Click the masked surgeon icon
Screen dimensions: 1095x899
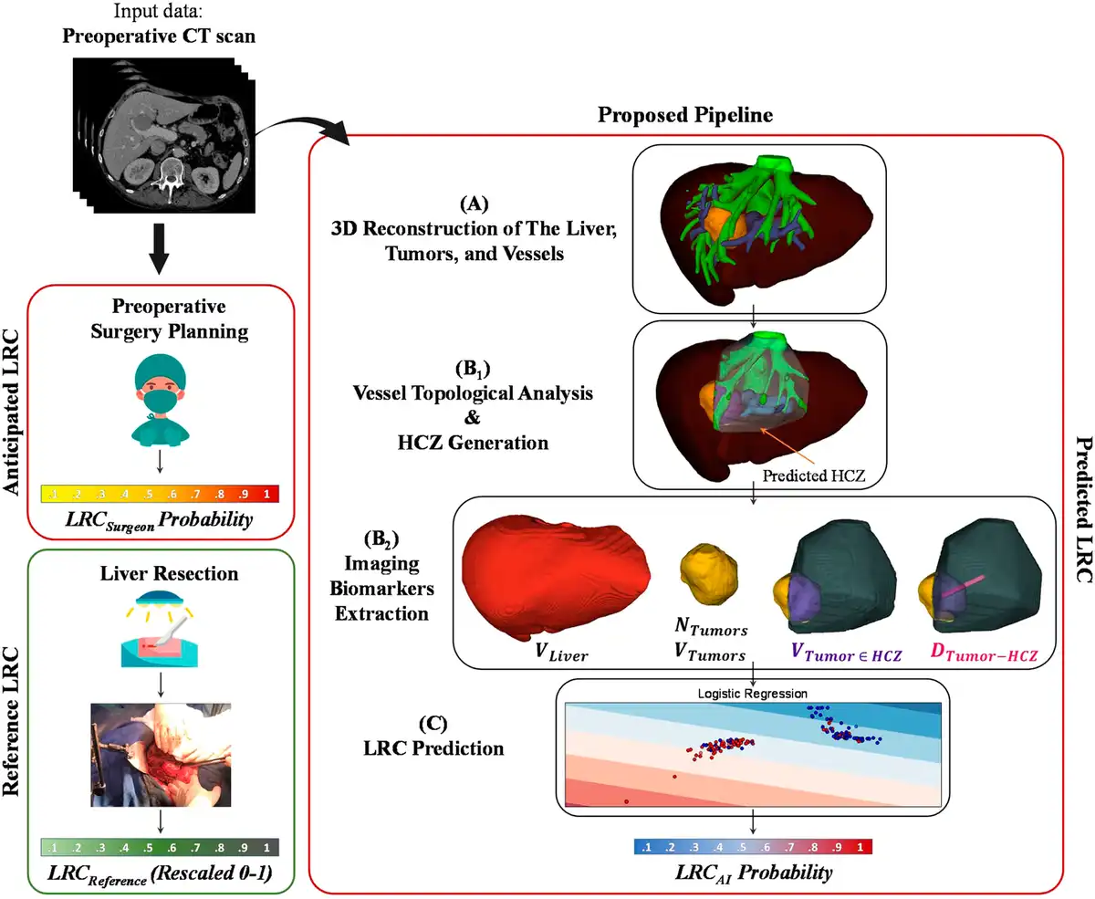[160, 400]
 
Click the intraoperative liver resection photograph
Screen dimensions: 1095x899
[161, 755]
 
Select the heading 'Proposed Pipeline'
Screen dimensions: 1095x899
[684, 115]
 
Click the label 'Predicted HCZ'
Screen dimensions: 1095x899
[814, 476]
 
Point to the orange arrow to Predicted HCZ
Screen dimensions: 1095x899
[788, 446]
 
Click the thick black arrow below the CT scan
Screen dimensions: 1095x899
[160, 249]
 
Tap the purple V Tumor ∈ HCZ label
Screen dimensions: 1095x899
[846, 653]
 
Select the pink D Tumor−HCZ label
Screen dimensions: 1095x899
[984, 653]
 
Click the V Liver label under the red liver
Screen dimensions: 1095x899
[561, 653]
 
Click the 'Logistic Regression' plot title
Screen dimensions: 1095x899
[752, 694]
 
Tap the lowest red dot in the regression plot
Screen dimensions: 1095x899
[627, 802]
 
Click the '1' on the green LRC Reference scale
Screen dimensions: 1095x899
[266, 848]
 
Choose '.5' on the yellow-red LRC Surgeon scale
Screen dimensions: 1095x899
[149, 494]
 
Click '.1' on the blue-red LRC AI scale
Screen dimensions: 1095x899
[646, 847]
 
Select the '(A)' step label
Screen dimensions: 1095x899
[474, 204]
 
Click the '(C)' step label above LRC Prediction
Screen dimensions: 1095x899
[433, 724]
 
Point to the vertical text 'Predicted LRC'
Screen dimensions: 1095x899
[1083, 509]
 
